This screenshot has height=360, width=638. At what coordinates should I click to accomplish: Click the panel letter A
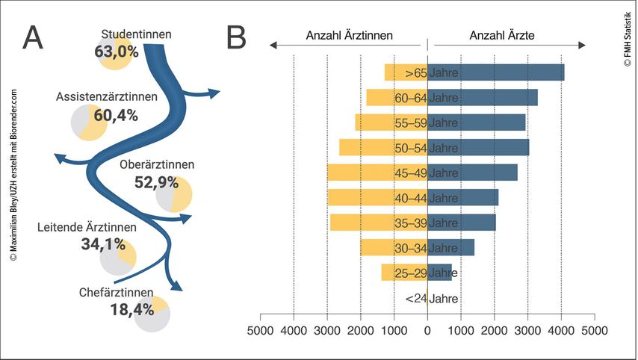coord(34,37)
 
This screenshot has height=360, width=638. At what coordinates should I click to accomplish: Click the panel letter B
coord(236,37)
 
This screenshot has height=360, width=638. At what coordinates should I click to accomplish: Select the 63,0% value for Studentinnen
coord(117,52)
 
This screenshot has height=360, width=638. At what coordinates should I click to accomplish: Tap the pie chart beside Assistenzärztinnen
coord(89,122)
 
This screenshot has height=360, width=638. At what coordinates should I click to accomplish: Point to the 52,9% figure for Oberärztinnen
coord(156,182)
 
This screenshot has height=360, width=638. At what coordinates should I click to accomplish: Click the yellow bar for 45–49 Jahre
coord(366,173)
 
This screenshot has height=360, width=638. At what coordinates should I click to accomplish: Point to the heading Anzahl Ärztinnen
coord(349,35)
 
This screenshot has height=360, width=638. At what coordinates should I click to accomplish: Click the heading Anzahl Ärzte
coord(502,35)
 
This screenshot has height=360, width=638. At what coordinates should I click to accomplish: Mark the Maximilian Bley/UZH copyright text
coord(13,174)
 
